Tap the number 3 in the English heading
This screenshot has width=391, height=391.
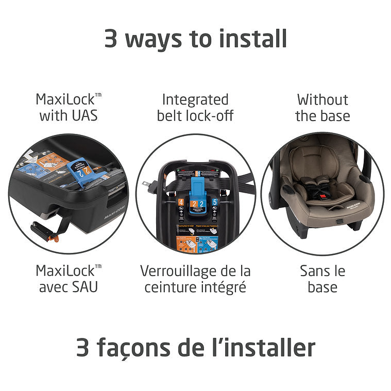coord(111,39)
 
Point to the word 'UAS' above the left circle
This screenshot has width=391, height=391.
coord(82,115)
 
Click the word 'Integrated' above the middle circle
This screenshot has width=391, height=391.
coord(195,99)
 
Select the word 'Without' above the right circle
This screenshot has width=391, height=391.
coord(322,99)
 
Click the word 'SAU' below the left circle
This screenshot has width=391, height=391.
coord(83,286)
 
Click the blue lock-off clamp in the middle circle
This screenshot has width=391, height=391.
coord(195,193)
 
